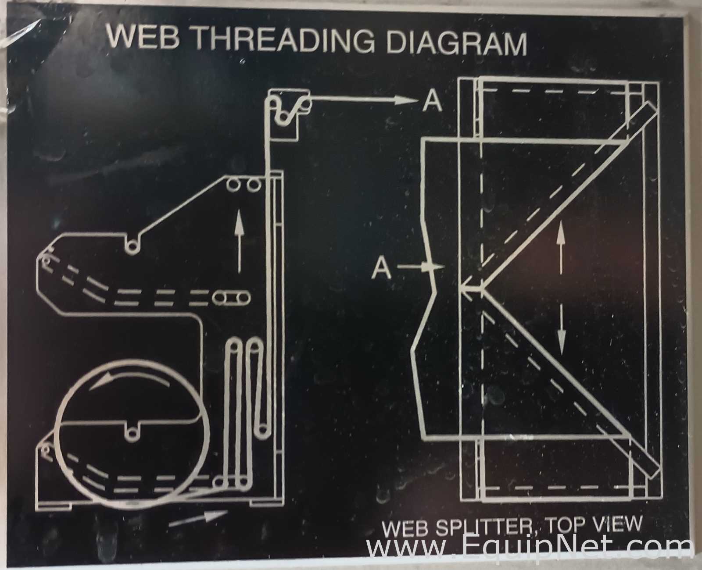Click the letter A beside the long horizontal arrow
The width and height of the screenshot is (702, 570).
(432, 101)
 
